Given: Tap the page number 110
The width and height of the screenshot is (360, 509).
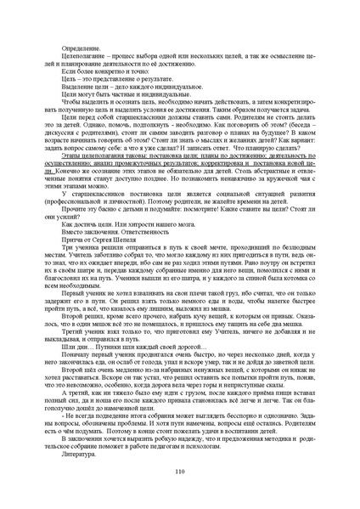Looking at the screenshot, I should [180, 472].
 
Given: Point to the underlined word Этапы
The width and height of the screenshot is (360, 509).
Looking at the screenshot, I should [70, 156].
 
